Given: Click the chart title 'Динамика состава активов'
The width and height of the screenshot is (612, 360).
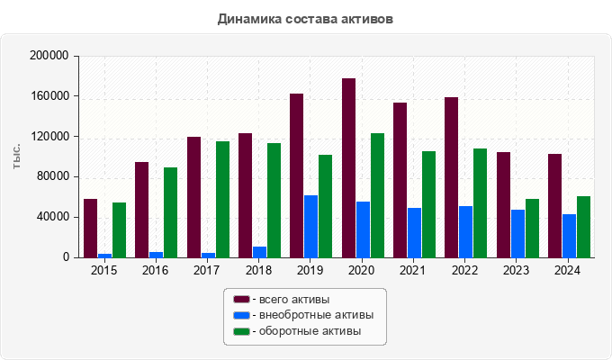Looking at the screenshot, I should (x=305, y=19).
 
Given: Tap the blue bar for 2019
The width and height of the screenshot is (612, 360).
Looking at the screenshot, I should (x=310, y=226).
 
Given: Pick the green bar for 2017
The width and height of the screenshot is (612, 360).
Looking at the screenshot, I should (x=222, y=199).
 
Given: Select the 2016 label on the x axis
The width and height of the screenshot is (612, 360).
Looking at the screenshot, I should (x=155, y=270).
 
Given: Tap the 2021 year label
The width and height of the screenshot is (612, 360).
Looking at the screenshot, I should (x=414, y=270).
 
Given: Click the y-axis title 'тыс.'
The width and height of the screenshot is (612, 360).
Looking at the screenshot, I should (x=18, y=156).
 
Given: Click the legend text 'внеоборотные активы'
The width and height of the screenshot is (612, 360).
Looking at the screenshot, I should (x=315, y=315).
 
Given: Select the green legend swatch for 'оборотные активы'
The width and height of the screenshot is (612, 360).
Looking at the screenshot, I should (x=241, y=331).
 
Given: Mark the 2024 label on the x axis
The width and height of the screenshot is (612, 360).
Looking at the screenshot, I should (x=569, y=270).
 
